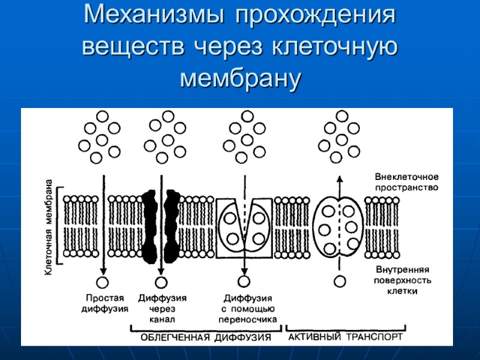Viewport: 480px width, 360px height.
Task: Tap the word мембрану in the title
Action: point(240,78)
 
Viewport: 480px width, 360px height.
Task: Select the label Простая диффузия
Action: point(105,304)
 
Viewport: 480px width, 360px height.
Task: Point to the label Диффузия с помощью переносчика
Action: point(248,308)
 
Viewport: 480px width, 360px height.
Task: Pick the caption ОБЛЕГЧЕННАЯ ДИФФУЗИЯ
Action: point(206,337)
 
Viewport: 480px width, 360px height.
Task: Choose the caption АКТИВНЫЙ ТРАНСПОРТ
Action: point(346,337)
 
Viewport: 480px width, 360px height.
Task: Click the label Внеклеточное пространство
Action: point(407,182)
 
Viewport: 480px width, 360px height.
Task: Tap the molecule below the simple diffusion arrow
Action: point(103,281)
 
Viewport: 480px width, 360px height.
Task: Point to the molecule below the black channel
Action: point(161,281)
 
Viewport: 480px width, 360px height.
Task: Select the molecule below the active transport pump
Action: point(340,280)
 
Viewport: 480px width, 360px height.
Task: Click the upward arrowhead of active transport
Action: point(340,179)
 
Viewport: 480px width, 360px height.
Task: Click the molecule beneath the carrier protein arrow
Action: point(244,281)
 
